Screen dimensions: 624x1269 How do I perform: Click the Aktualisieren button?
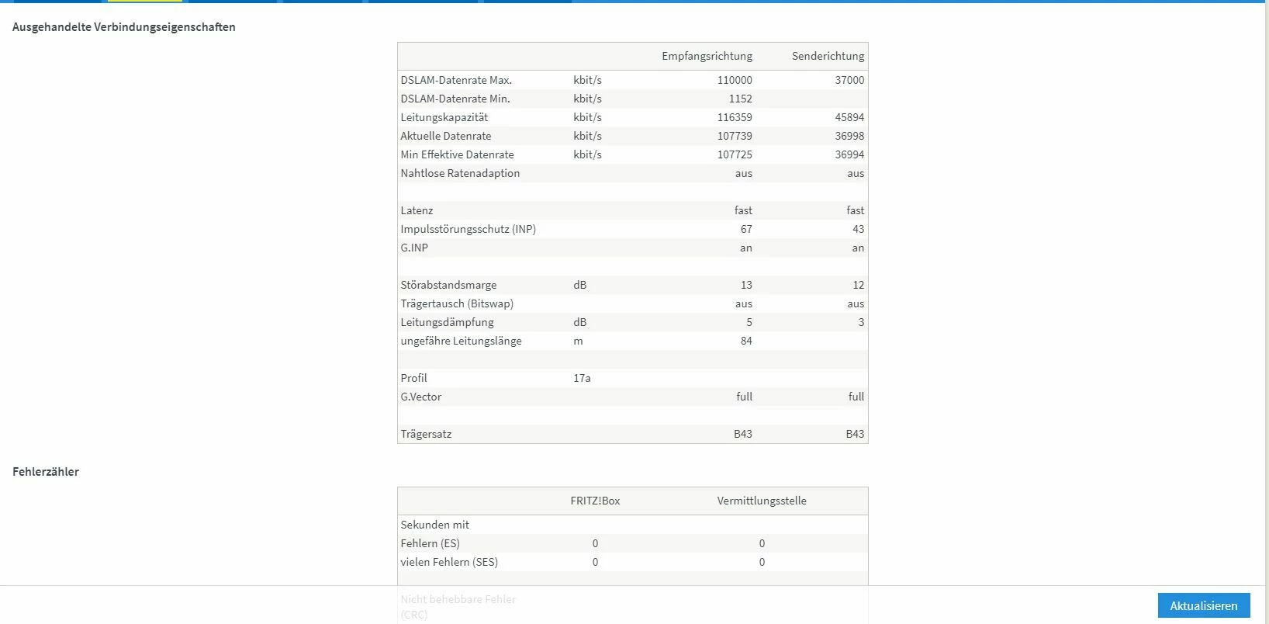1203,605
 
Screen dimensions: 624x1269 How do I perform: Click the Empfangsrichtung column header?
707,56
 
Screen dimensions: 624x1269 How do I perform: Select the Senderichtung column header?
828,56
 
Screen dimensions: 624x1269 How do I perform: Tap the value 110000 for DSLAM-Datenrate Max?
735,80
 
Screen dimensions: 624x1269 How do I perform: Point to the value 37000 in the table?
849,80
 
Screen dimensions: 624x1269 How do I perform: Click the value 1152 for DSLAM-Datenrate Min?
740,99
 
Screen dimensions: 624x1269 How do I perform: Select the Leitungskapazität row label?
444,117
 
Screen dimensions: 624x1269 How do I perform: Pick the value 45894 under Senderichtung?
849,117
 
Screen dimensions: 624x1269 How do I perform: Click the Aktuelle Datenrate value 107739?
735,136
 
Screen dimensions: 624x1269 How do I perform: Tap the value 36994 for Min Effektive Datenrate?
849,154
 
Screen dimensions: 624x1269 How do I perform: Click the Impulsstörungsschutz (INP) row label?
468,229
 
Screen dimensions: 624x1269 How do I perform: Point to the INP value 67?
746,229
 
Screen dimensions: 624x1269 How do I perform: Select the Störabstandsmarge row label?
448,285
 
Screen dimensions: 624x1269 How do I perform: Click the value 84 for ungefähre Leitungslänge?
746,341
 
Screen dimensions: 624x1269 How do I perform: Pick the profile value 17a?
582,378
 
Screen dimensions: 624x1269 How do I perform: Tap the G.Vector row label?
421,397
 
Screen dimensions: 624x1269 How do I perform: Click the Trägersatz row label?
426,434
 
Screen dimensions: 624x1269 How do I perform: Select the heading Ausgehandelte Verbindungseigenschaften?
124,27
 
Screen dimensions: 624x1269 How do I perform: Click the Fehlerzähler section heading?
46,472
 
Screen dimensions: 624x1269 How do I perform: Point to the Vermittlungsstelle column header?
762,501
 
